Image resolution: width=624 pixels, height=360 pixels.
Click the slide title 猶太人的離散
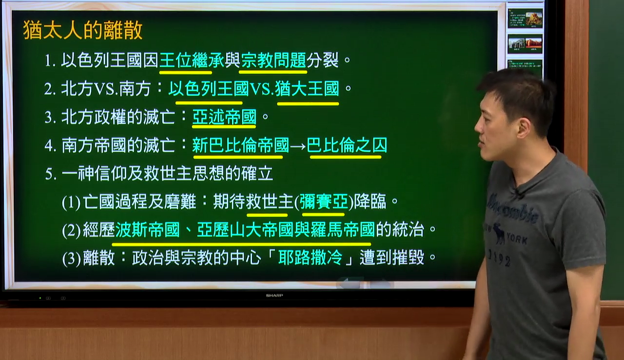[83, 30]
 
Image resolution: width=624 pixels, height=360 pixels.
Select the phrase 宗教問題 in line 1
[273, 60]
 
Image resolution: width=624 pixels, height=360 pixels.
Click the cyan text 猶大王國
[307, 89]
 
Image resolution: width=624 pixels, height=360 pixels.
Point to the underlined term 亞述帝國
[224, 117]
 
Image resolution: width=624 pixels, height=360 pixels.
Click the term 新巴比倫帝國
[241, 145]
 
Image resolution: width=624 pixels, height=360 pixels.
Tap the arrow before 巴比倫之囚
[298, 146]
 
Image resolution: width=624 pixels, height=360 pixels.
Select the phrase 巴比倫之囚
[347, 145]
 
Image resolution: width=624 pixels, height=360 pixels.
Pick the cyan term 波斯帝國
[147, 230]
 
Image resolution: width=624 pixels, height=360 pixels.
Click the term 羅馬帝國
[343, 230]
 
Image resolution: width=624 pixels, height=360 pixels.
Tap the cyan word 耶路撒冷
[310, 258]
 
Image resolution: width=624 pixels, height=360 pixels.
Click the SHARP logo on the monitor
[274, 295]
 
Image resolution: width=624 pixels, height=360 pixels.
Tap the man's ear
[524, 128]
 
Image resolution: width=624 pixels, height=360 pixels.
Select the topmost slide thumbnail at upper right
[525, 19]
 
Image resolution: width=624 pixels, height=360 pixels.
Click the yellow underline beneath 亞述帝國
[224, 127]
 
